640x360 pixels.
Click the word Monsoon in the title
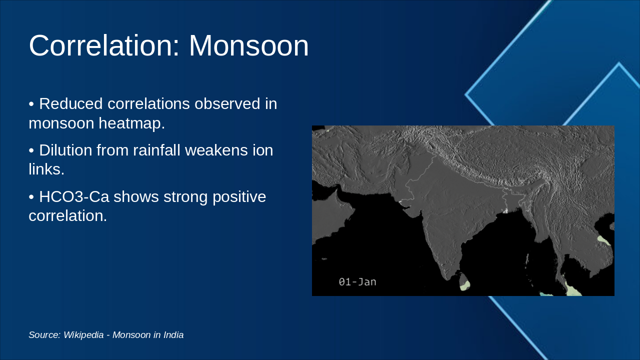(248, 45)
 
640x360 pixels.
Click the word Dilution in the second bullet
(68, 150)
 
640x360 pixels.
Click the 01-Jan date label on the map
(357, 282)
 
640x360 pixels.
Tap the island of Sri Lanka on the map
(464, 282)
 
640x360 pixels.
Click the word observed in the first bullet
(227, 104)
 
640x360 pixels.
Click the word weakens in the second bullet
(217, 150)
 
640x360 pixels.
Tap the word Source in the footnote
(43, 335)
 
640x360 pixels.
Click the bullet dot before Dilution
(31, 150)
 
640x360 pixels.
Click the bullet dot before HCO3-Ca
(31, 197)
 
